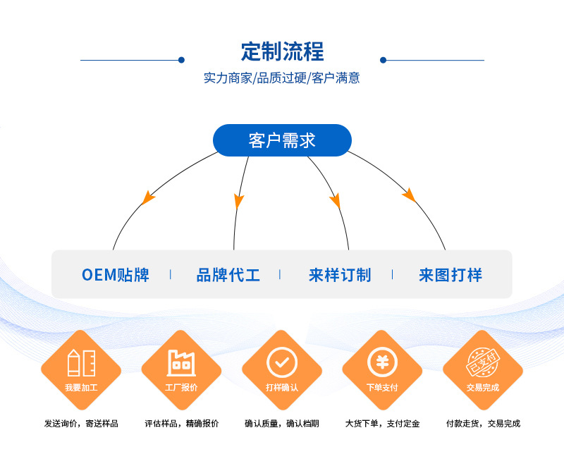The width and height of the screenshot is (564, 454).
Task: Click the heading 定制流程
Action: click(x=282, y=52)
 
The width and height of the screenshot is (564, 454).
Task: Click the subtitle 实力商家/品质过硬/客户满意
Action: click(x=282, y=78)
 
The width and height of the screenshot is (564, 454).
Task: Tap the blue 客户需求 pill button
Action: click(x=282, y=140)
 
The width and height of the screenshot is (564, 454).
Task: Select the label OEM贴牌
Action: click(x=116, y=275)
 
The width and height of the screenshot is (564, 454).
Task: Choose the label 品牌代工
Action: click(x=228, y=275)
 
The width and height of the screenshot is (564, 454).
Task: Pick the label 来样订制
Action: click(x=340, y=275)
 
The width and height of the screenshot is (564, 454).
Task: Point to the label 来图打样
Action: click(x=450, y=275)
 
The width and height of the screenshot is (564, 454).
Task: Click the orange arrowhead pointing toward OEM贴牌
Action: click(x=147, y=197)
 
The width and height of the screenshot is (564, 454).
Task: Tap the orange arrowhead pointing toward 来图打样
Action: click(x=408, y=195)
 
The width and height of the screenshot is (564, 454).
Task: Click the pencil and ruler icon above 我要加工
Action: click(x=81, y=362)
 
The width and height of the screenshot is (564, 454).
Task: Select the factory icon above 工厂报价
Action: click(x=181, y=362)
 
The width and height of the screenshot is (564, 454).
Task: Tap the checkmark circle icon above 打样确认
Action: click(x=282, y=362)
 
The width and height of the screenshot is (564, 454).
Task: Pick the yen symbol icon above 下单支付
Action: click(x=382, y=362)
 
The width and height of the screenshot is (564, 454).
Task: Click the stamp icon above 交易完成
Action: click(x=483, y=364)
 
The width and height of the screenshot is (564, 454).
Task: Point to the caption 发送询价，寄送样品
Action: click(x=81, y=424)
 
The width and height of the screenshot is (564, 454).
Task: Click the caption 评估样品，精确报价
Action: click(x=182, y=424)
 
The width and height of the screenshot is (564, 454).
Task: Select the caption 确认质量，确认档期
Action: click(x=282, y=424)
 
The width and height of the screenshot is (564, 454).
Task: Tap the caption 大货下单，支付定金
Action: click(x=382, y=424)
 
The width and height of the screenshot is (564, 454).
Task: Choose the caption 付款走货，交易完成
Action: click(x=483, y=424)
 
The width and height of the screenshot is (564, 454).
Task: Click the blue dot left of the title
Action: click(x=181, y=60)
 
